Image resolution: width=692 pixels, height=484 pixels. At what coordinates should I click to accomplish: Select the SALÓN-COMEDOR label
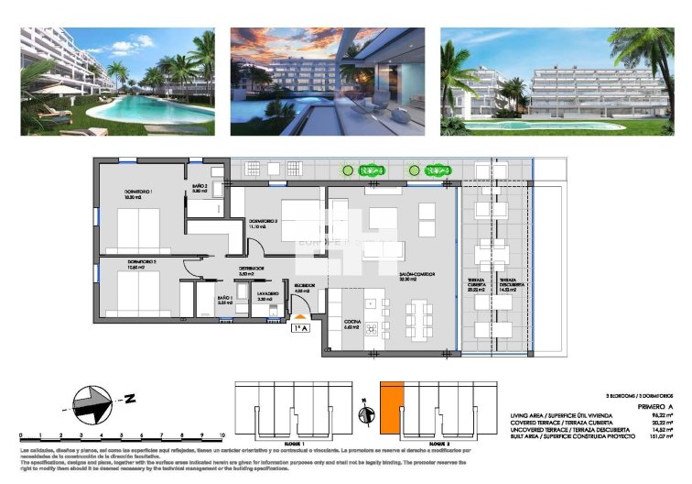(416, 276)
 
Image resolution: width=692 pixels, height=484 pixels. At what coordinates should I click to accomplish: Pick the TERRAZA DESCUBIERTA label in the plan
(511, 286)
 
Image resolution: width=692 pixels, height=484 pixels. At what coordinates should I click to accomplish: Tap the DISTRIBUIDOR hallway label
(251, 269)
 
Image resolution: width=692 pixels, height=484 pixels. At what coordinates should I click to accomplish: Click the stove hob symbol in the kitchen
(372, 327)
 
